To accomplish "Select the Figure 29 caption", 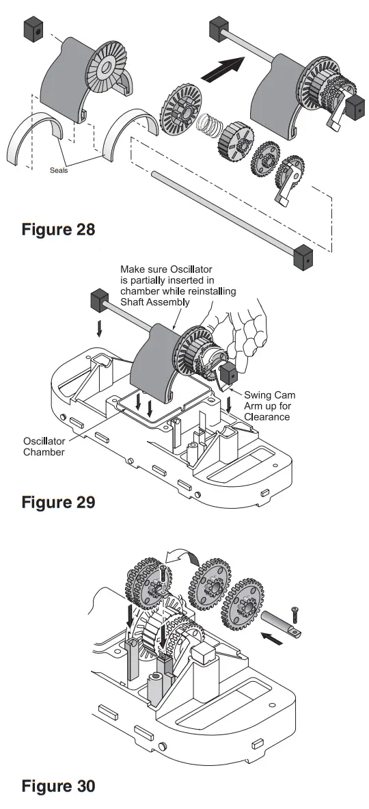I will click(x=58, y=503).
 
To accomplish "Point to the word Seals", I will click(x=59, y=170).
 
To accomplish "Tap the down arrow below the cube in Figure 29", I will click(x=100, y=330).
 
